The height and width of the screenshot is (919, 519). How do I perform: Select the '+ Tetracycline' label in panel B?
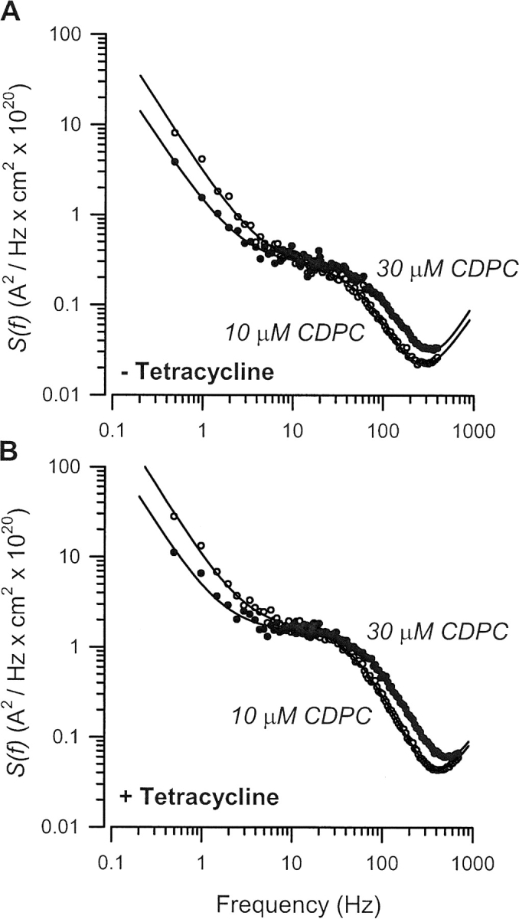[x=200, y=796]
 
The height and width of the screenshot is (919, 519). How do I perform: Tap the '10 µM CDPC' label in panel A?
[x=293, y=334]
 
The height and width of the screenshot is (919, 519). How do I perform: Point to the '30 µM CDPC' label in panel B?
[x=437, y=633]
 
